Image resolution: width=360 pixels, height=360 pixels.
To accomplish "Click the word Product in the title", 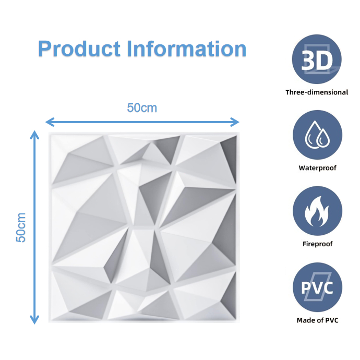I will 79,49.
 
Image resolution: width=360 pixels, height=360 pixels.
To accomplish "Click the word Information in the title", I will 187,49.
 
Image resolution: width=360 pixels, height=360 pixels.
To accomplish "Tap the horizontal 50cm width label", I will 142,108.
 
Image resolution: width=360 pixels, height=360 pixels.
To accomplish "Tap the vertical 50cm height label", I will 21,227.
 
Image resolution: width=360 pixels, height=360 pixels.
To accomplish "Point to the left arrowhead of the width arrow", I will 49,122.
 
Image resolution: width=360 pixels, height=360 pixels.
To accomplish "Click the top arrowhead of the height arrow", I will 35,134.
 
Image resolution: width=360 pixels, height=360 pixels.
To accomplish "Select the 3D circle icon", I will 317,60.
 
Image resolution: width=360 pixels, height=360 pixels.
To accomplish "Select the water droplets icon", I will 317,135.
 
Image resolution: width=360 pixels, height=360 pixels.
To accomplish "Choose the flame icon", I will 317,211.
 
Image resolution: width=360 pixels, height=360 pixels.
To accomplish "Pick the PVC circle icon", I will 317,287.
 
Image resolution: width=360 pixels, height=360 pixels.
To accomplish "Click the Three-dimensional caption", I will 317,92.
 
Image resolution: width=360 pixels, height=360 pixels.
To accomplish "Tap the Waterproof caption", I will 317,168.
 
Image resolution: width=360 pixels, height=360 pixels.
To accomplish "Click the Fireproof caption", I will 317,244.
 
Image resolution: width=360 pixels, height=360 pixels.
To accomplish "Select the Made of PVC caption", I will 317,320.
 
